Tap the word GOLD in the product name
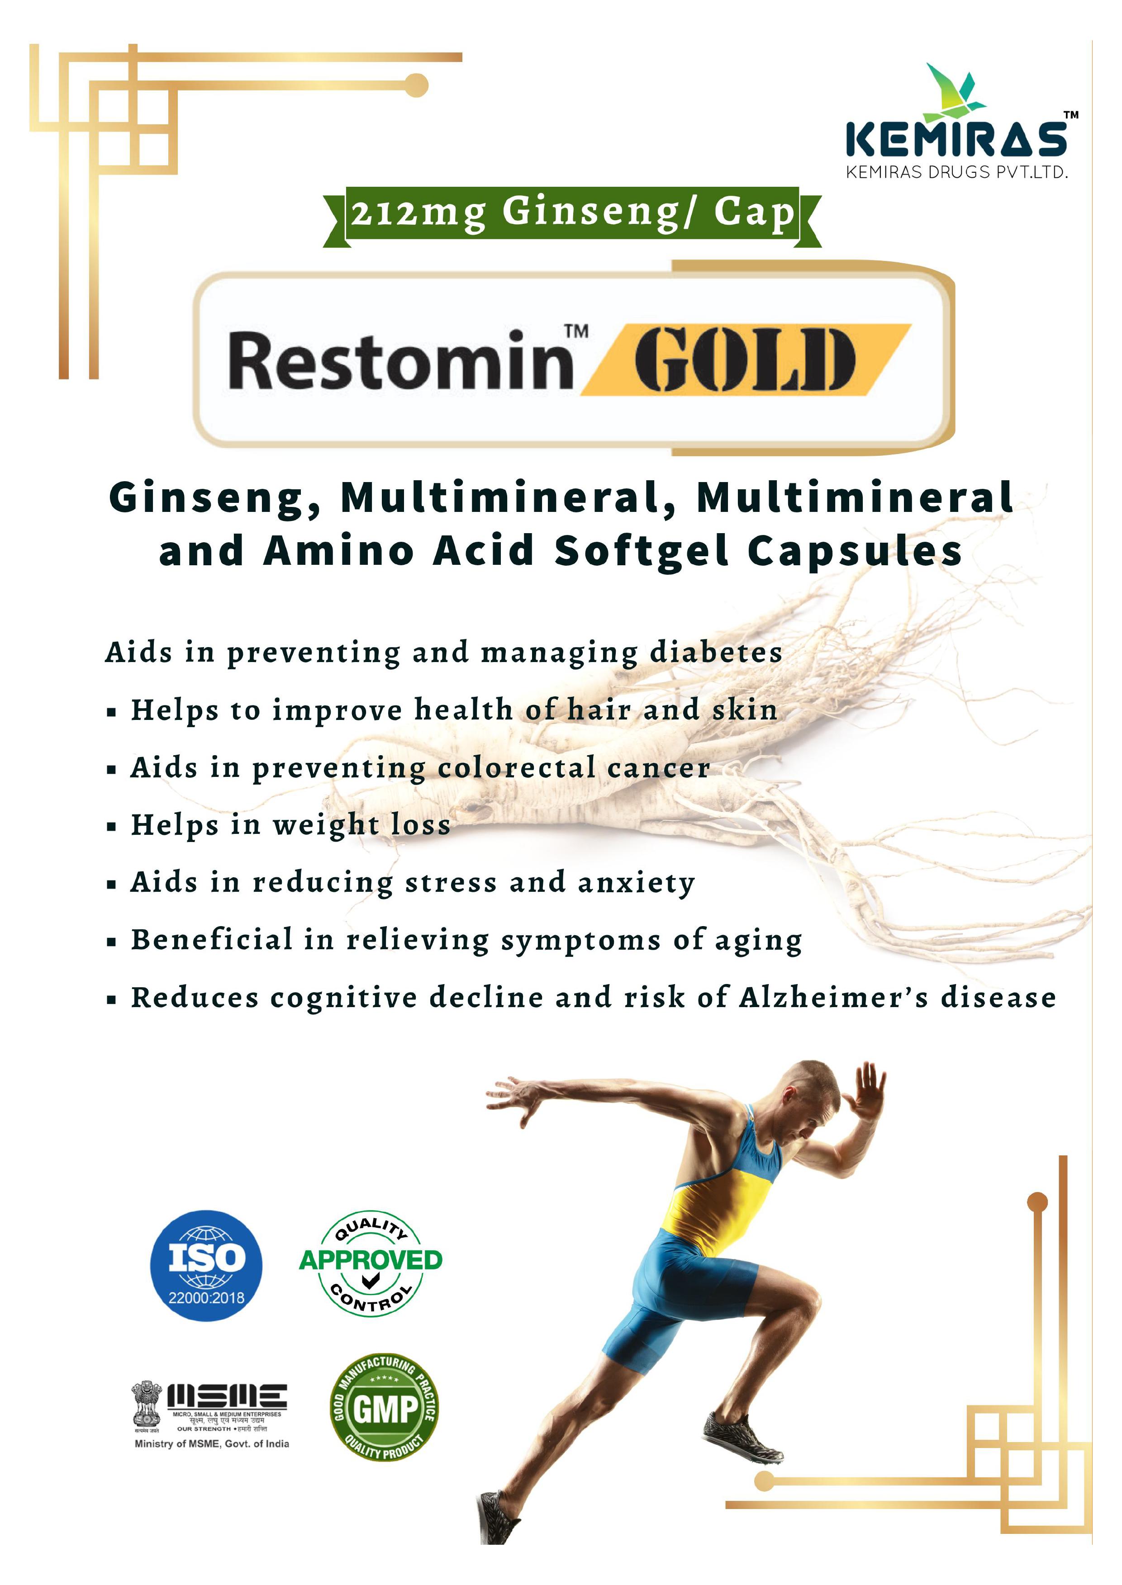[x=744, y=360]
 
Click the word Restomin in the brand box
[x=400, y=360]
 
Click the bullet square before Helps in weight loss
[x=111, y=826]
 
